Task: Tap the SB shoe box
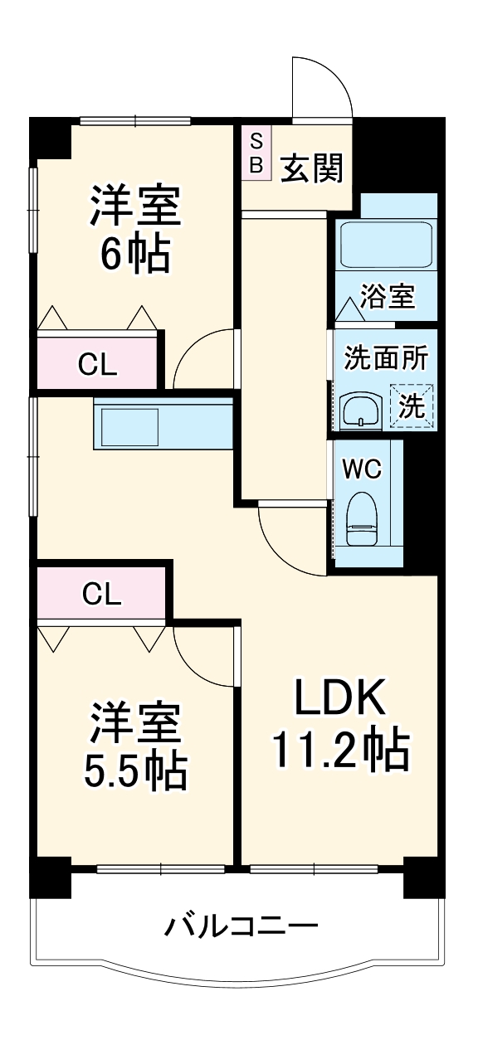coord(256,153)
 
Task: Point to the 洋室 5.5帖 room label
coord(135,746)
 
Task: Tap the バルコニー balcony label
coord(240,926)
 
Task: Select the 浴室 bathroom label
coord(388,297)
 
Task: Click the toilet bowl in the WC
coord(362,519)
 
